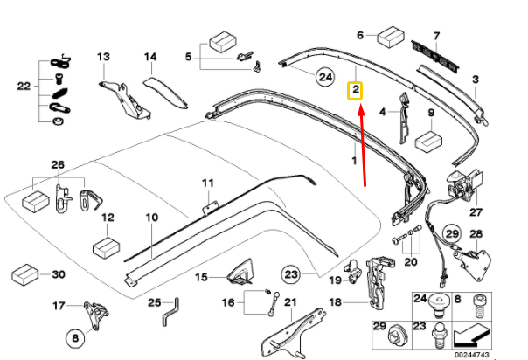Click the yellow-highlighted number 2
tap(355, 90)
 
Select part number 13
tap(103, 57)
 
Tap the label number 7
tap(438, 35)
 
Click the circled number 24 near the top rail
tap(325, 79)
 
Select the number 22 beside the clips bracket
tap(23, 86)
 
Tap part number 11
tap(207, 183)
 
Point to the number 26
tap(58, 165)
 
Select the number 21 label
tap(291, 302)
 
